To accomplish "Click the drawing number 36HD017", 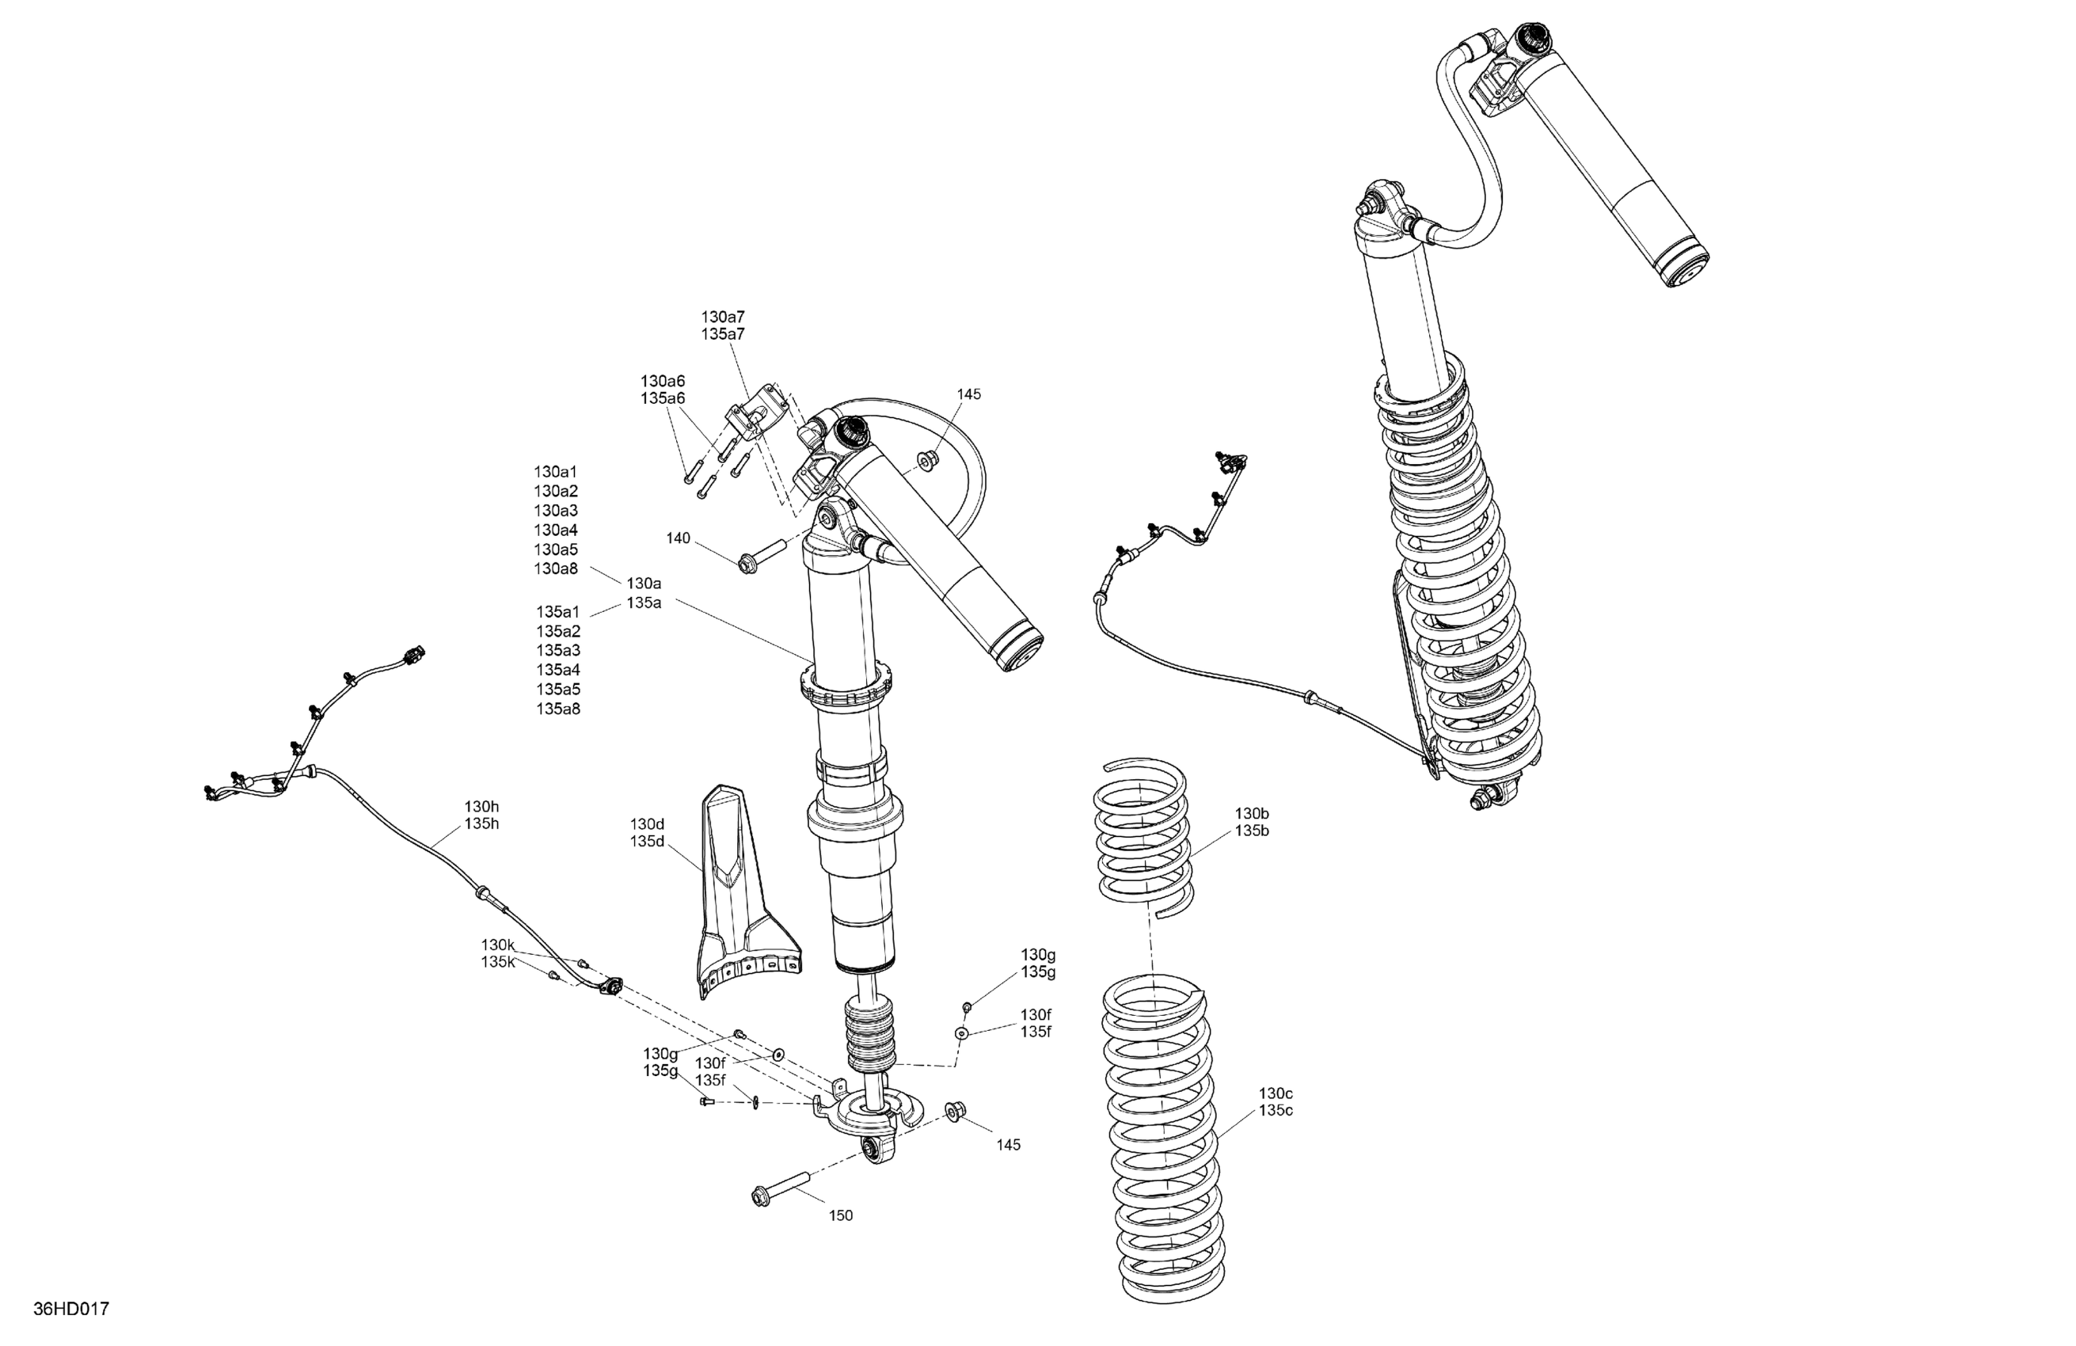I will [x=70, y=1310].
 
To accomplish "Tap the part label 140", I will [x=678, y=538].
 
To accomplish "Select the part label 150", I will [x=840, y=1215].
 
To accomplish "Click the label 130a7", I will [x=723, y=317].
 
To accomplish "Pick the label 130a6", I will [x=663, y=381].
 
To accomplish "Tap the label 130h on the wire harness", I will [x=481, y=807].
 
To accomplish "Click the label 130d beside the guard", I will [x=647, y=824].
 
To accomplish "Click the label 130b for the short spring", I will [x=1252, y=814].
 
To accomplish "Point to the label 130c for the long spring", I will [x=1276, y=1093].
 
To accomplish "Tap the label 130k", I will [x=498, y=945].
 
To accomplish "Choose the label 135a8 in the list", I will [x=558, y=709].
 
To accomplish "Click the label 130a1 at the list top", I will [x=556, y=472].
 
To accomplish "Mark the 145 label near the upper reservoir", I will [x=968, y=394].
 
